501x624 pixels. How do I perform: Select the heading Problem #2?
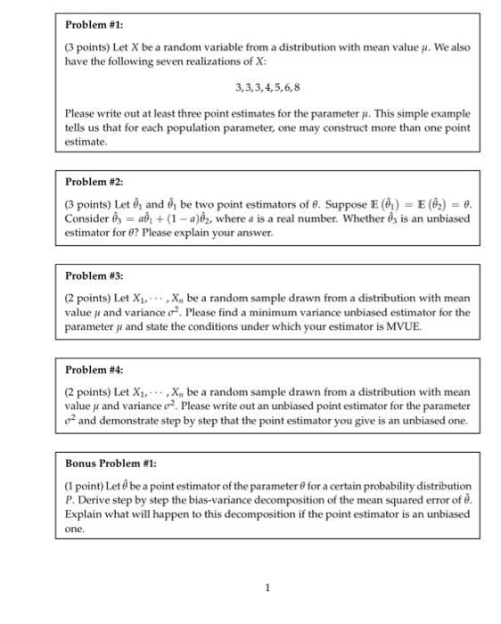95,182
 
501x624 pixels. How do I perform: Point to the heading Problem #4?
95,369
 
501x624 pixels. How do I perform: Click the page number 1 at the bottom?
267,586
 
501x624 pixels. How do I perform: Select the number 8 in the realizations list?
297,88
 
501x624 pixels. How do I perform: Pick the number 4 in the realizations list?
265,88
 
